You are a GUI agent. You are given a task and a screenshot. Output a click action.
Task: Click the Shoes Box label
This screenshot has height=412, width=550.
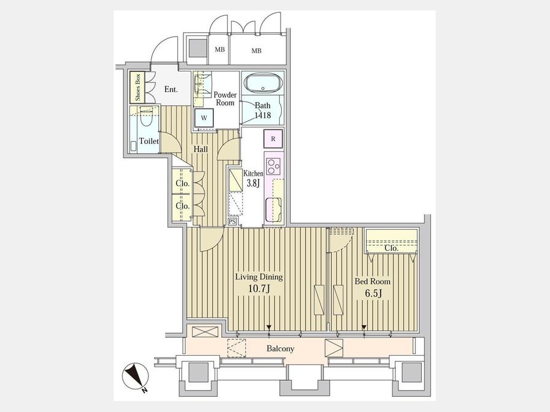137,87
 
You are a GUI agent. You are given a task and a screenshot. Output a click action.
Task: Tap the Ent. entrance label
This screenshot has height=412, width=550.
171,89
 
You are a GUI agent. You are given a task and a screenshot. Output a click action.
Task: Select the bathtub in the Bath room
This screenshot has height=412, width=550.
263,82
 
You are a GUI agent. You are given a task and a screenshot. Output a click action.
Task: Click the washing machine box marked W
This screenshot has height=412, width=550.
204,118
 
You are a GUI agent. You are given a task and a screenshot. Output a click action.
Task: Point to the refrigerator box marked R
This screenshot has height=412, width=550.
273,139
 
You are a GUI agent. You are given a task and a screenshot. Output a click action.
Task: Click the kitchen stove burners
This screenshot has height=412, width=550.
273,166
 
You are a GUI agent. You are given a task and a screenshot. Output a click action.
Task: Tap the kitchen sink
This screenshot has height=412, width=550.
274,209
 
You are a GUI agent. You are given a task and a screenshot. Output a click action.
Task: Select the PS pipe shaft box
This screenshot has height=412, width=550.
232,222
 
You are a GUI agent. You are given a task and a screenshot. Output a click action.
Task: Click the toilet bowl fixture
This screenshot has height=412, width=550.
145,118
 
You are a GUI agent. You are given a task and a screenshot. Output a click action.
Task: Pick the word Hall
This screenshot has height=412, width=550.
200,150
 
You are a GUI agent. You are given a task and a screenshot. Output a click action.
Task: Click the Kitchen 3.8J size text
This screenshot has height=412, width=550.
253,178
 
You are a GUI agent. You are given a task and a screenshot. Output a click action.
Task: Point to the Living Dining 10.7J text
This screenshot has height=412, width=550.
259,283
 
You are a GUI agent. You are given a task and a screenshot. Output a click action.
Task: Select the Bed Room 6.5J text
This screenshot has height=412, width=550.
372,287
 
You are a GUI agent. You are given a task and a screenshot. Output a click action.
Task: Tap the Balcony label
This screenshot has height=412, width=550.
280,349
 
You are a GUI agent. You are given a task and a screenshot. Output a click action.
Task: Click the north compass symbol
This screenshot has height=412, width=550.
136,377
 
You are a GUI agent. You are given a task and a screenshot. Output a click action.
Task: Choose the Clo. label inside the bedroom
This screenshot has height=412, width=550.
392,248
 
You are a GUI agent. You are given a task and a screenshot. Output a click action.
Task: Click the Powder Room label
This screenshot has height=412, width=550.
225,99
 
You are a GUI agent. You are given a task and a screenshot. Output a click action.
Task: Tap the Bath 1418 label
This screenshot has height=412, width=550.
263,110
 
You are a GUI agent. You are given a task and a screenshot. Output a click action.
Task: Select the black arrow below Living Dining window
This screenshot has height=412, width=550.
269,328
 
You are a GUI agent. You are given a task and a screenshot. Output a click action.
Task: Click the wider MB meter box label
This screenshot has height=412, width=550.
257,51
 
